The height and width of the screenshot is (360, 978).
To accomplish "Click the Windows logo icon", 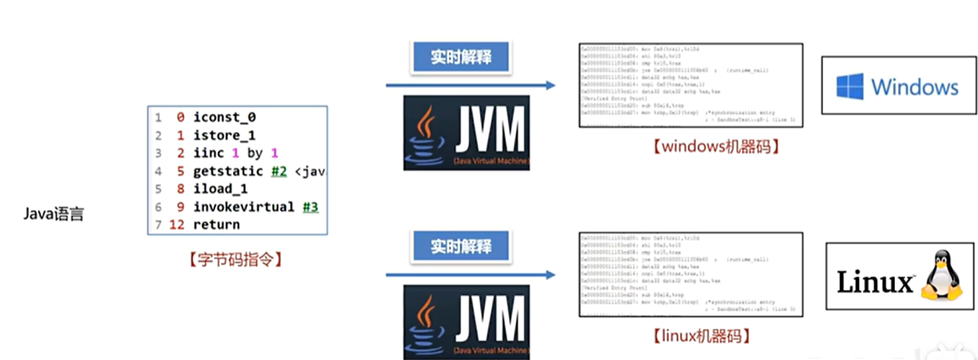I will click(850, 87).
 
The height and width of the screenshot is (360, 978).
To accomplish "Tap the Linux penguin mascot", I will click(941, 276).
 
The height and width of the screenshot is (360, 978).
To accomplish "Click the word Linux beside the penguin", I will click(875, 281).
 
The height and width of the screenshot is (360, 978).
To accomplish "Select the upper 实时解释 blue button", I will click(460, 58).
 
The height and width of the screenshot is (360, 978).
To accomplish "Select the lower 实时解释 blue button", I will click(460, 246).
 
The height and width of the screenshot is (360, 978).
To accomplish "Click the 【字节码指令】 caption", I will click(237, 258).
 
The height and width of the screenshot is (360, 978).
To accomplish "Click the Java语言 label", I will click(53, 214).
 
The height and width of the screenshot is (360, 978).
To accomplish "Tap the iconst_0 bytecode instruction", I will click(224, 118).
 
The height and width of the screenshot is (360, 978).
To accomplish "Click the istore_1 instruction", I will click(224, 136).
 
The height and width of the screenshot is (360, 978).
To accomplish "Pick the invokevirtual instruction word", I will click(243, 207).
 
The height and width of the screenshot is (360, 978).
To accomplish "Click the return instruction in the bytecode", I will click(216, 224).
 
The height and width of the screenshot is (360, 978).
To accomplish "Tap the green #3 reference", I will click(310, 207).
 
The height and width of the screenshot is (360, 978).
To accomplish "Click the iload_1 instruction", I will click(221, 189).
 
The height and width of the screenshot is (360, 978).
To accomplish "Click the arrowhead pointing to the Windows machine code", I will click(550, 85).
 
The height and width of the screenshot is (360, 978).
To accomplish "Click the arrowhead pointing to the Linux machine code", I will click(550, 274).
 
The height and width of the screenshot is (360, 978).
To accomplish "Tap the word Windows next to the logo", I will click(914, 87).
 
